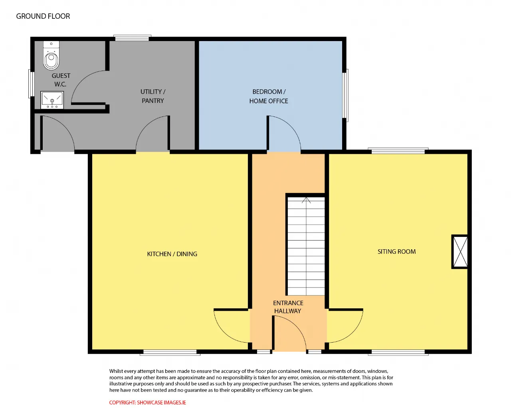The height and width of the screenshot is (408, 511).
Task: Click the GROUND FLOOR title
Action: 43,16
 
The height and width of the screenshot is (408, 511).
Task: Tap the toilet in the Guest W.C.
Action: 51,55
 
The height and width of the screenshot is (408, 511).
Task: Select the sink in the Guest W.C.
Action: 52,100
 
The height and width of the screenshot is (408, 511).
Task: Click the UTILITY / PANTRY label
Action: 153,96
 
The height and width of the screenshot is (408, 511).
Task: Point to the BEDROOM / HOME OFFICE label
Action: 269,96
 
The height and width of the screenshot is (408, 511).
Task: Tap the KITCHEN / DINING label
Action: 172,254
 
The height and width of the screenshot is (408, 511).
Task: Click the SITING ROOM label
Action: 396,252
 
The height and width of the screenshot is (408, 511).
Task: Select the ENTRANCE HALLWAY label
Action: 288,307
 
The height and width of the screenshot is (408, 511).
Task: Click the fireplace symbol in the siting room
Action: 460,252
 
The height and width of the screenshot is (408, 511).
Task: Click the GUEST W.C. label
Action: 61,80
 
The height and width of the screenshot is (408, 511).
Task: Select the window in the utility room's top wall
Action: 132,38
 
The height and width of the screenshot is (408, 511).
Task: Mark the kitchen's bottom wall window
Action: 170,353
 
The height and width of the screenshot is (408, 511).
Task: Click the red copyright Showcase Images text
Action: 147,402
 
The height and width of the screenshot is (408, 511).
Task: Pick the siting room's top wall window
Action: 398,151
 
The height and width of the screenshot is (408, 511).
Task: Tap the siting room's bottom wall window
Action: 398,353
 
